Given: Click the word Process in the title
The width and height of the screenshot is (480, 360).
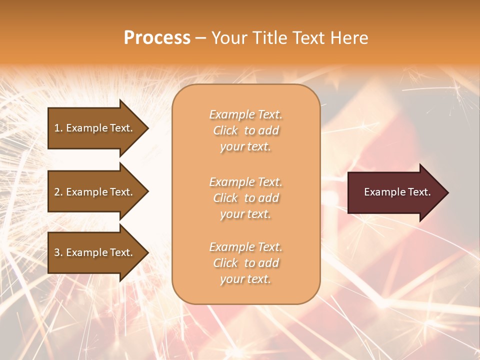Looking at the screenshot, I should (157, 38).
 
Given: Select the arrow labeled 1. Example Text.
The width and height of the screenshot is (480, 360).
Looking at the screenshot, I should (95, 128).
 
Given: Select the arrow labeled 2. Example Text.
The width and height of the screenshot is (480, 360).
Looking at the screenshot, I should (95, 192).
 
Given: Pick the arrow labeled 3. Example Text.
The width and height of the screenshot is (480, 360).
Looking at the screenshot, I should (95, 252).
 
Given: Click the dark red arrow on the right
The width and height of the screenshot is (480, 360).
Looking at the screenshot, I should (395, 192).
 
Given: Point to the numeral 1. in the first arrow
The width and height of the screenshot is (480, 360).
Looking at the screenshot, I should (58, 128).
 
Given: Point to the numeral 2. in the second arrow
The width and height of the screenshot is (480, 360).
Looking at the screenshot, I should (58, 192).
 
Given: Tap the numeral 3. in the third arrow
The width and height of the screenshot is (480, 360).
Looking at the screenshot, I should (58, 252).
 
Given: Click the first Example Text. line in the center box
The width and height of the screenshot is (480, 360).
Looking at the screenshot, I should (245, 114).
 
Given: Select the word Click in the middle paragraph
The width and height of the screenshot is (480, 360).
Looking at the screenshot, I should (225, 198).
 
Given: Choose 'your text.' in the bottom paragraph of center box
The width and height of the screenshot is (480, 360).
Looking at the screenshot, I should (245, 279).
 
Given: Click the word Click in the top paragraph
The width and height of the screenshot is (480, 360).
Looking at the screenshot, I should (225, 130).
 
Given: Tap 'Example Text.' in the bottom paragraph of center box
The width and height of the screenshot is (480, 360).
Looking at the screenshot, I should (245, 247).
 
